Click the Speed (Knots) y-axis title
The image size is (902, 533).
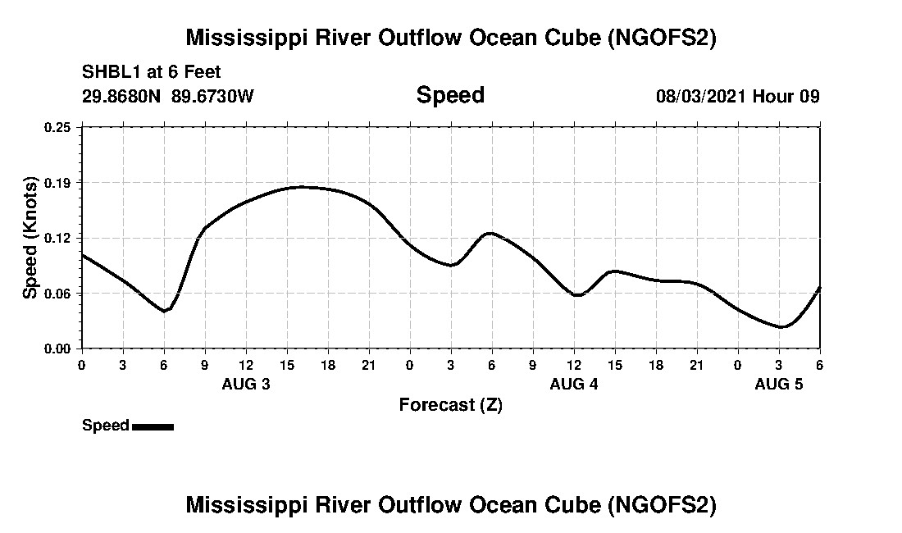(x=30, y=237)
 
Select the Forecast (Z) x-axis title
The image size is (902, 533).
(x=450, y=404)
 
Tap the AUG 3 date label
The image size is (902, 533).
(x=246, y=384)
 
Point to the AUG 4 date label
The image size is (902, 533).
(x=574, y=384)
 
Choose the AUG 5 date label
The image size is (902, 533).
(x=779, y=384)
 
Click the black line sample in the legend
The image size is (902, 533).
(x=153, y=426)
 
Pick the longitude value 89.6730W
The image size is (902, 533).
(x=213, y=96)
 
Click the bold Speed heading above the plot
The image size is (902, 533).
(x=450, y=95)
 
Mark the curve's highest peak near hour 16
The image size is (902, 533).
(x=302, y=187)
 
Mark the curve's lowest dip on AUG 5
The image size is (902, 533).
(x=782, y=327)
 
